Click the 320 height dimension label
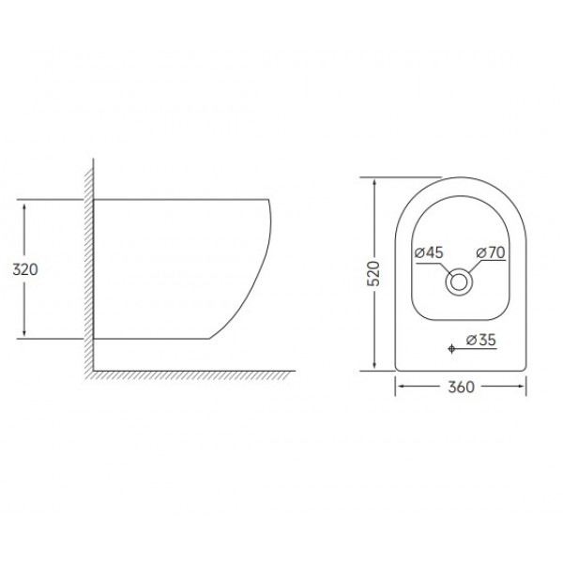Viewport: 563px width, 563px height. point(23,269)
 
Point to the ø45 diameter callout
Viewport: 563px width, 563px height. point(428,251)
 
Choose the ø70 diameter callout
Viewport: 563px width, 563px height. point(491,251)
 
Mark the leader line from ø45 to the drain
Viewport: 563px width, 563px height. point(441,267)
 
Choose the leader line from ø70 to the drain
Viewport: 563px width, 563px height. point(478,267)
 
